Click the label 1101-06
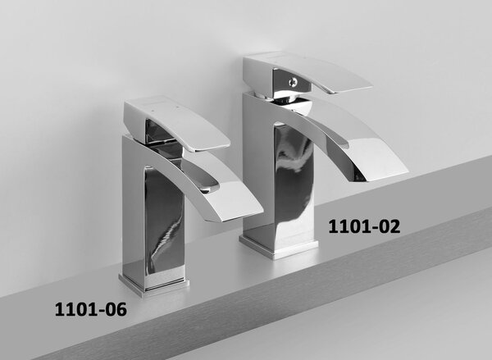point(91,309)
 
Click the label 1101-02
point(364,226)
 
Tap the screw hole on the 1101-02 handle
point(294,82)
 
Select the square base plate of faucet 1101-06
point(154,285)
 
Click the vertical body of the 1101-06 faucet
point(154,220)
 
